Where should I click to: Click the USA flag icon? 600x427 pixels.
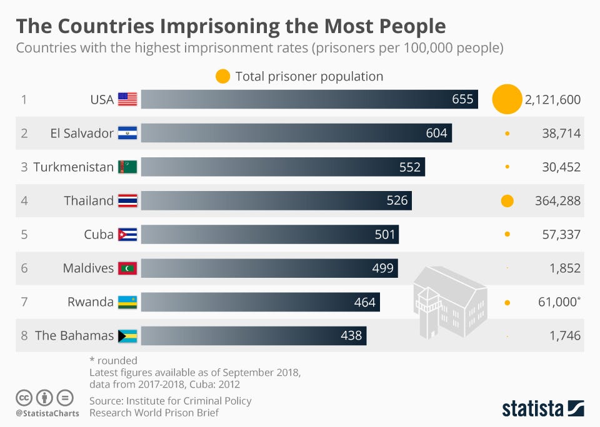[x=127, y=99]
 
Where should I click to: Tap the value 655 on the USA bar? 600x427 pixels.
[x=462, y=99]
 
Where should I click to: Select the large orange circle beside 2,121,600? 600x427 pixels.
[x=506, y=99]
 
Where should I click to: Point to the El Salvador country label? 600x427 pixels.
[x=82, y=133]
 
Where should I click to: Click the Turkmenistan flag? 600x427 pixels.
[x=127, y=167]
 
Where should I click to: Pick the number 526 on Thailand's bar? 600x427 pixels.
[x=397, y=200]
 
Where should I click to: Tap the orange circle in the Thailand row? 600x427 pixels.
[x=507, y=201]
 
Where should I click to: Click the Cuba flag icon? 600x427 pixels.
[x=127, y=235]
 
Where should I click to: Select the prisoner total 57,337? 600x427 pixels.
[x=557, y=235]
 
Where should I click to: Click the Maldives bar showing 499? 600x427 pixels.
[x=269, y=268]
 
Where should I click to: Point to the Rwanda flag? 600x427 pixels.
[x=127, y=302]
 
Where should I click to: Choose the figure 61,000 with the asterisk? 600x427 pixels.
[x=557, y=302]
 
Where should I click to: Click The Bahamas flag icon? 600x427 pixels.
[x=127, y=336]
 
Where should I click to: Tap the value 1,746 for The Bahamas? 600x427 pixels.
[x=565, y=336]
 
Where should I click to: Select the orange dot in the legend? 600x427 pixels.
[x=222, y=77]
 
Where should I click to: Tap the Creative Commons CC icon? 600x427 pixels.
[x=24, y=398]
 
